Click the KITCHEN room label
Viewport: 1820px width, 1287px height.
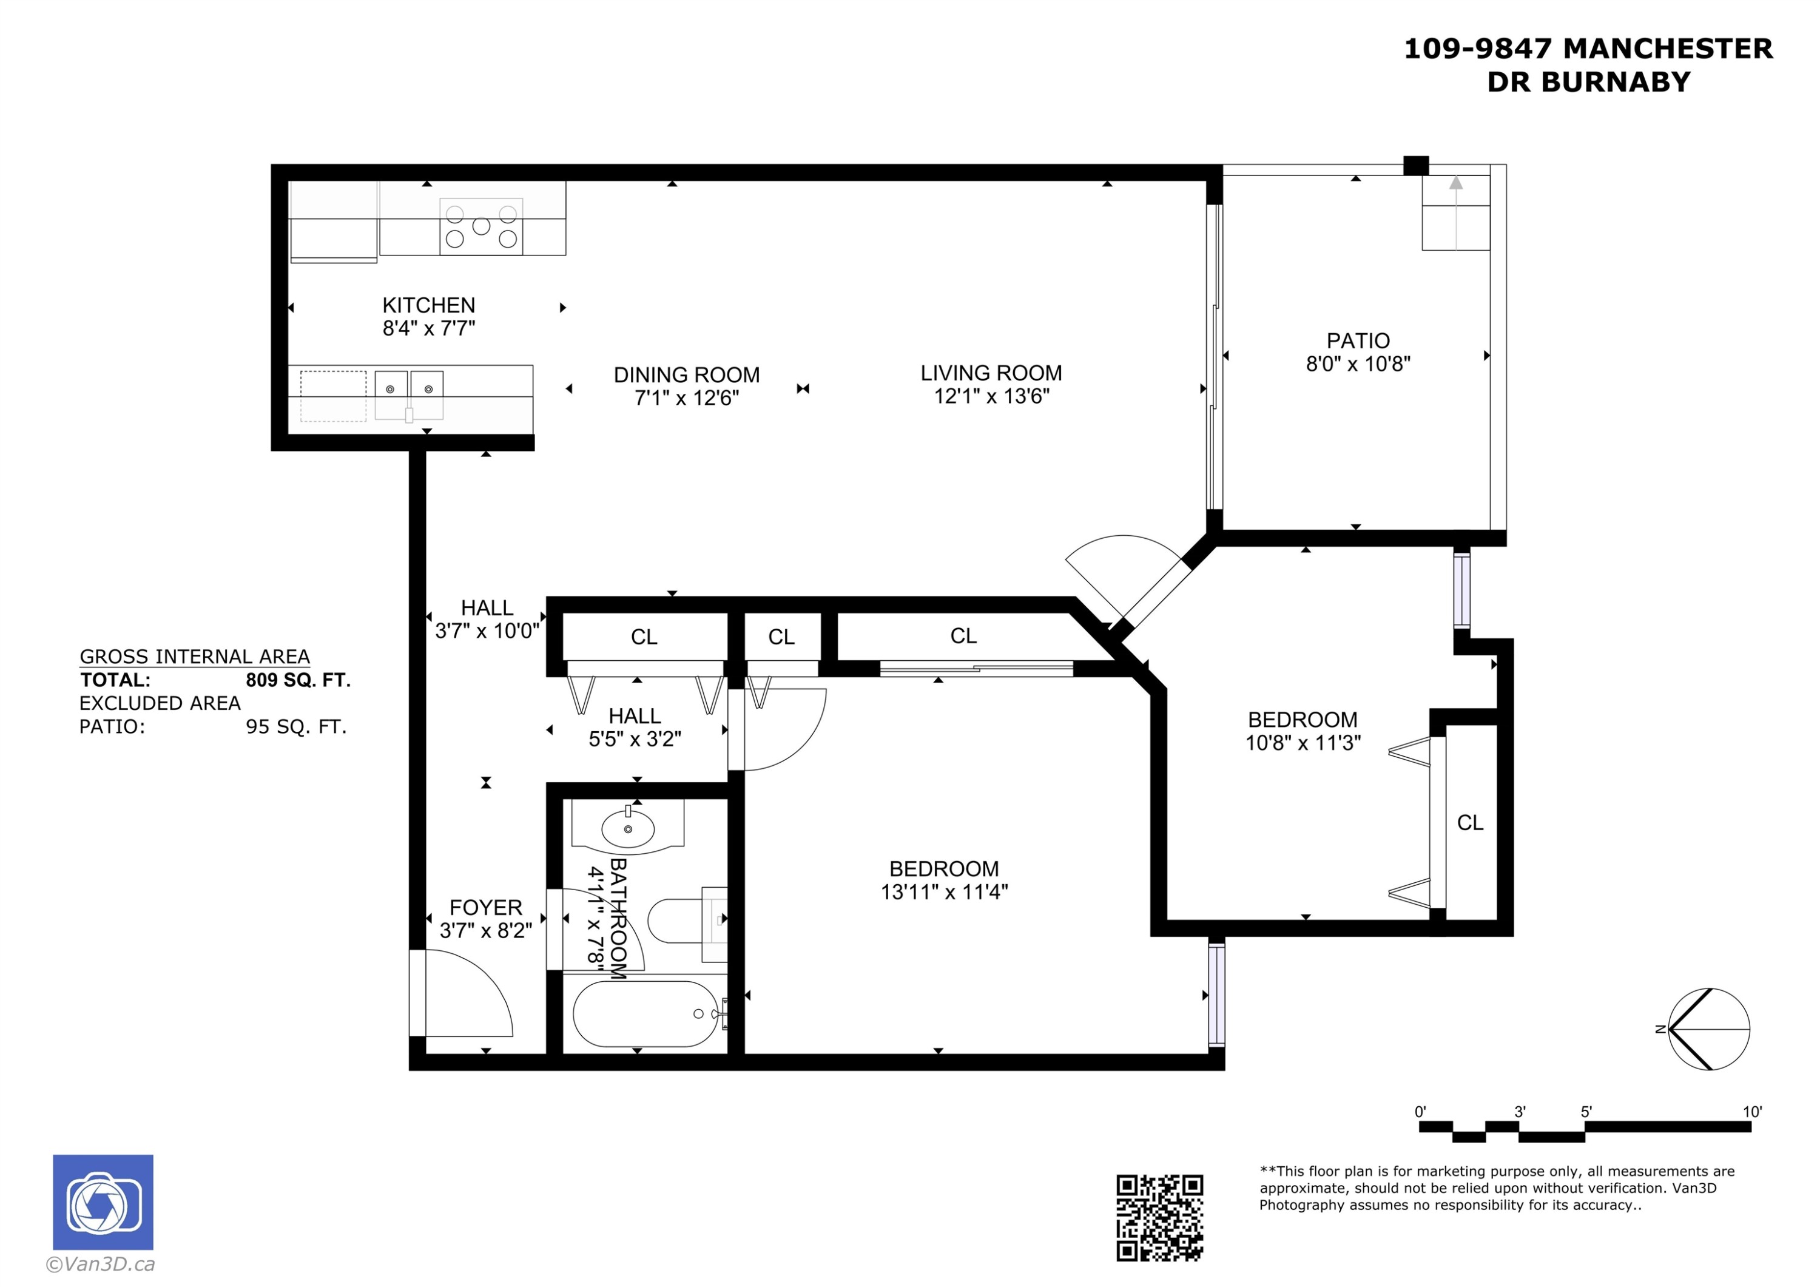point(428,305)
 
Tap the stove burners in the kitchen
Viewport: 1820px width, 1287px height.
point(481,227)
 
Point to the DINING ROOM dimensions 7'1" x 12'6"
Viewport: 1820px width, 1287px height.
point(687,397)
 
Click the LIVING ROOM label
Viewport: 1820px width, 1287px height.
point(991,373)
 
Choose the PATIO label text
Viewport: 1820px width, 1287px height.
point(1358,341)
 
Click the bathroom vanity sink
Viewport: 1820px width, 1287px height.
point(628,829)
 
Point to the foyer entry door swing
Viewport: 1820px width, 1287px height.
point(468,995)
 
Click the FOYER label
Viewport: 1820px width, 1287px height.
point(485,907)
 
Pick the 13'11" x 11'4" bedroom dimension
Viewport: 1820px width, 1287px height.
point(943,892)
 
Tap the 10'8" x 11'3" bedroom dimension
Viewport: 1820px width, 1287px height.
point(1303,743)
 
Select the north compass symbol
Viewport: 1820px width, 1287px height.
point(1708,1029)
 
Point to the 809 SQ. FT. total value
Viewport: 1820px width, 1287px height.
point(297,680)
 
